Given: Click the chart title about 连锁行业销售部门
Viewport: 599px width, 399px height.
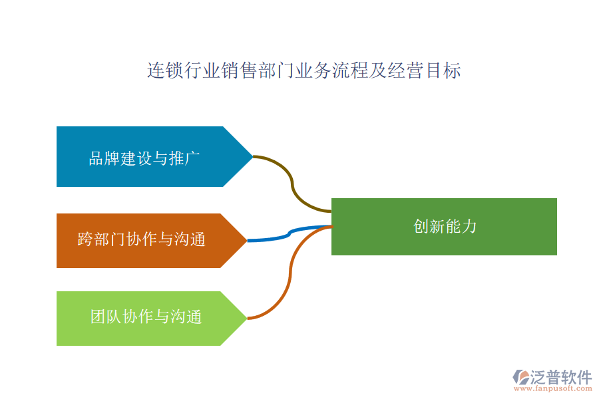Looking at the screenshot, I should click(x=303, y=70).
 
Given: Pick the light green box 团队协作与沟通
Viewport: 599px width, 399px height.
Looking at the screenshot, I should click(x=143, y=317).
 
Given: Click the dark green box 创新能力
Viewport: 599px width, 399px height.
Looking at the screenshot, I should click(x=444, y=227).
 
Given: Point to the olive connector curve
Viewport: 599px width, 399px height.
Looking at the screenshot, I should click(x=292, y=180).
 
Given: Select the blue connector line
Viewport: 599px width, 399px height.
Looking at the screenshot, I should click(x=290, y=233).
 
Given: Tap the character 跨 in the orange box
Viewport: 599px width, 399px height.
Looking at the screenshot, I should click(x=85, y=239).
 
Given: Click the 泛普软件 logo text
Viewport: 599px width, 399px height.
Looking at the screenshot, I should click(x=560, y=376).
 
